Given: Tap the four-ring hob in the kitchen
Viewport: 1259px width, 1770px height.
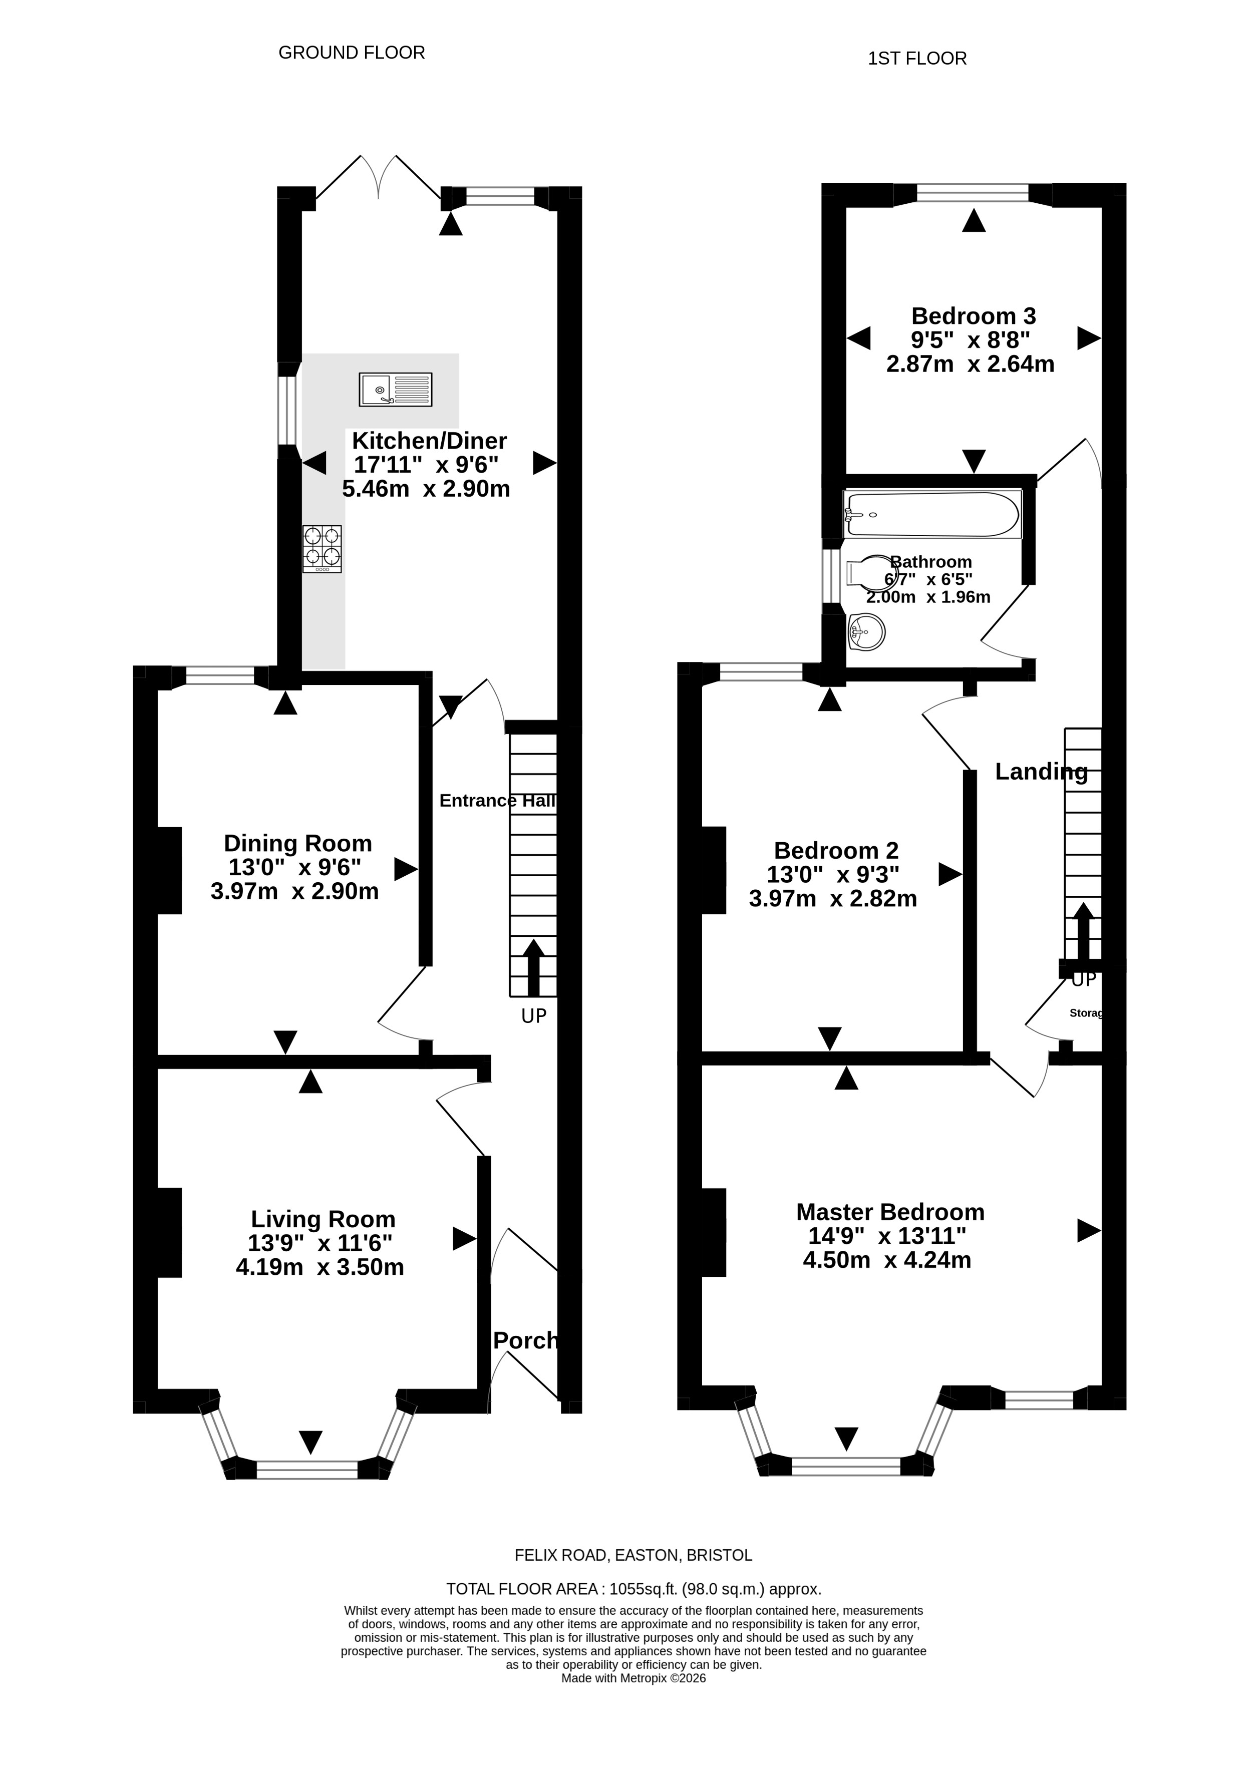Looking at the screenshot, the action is click(x=322, y=549).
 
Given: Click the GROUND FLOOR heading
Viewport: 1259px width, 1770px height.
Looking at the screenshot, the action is click(x=352, y=53).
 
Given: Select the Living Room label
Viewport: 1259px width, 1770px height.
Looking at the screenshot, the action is click(x=324, y=1219).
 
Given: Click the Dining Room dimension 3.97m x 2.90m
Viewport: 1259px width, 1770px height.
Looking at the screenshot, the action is click(x=294, y=891).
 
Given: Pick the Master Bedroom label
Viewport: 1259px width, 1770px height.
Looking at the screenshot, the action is click(x=890, y=1212).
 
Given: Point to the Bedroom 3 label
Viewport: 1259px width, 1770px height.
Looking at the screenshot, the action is click(x=974, y=316).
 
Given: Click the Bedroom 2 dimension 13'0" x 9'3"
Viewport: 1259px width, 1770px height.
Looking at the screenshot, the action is click(x=833, y=874).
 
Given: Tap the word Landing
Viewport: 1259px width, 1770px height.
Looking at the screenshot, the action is click(x=1041, y=771).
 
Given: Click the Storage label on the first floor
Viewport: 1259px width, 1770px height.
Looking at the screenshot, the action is click(x=1086, y=1013).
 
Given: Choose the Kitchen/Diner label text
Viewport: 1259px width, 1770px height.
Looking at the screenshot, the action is click(x=430, y=441).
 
